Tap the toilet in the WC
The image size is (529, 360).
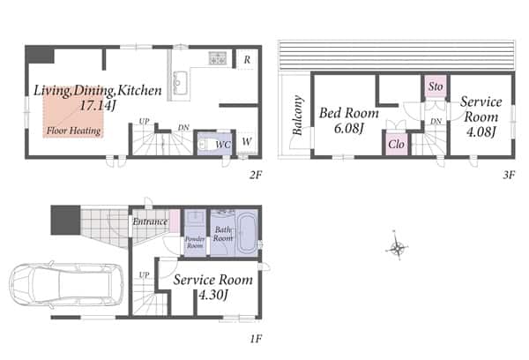[x=203, y=144]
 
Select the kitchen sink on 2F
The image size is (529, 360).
[x=180, y=83]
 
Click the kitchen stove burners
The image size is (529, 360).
[x=217, y=58]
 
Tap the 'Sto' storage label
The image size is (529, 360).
[x=436, y=86]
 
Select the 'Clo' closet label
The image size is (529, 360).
[x=396, y=145]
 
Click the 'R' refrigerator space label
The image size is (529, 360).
[x=247, y=60]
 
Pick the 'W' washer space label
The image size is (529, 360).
[x=247, y=142]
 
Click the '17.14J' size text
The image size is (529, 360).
[x=98, y=106]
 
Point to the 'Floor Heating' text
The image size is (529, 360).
[x=73, y=131]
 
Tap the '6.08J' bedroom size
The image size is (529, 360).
[x=349, y=128]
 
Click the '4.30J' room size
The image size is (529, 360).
[x=213, y=295]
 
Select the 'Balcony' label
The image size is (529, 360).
[x=298, y=116]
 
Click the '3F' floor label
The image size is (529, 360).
[x=509, y=175]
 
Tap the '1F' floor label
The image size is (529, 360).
[x=256, y=338]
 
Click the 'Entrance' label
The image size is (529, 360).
[x=150, y=221]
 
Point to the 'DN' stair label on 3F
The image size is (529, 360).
[x=436, y=121]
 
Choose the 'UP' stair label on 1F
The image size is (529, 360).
[x=144, y=275]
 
